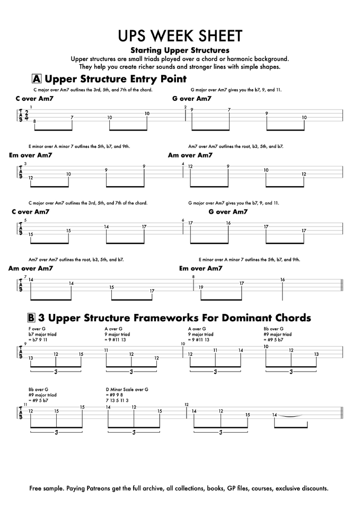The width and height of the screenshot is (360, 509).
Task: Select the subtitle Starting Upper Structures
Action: pyautogui.click(x=180, y=50)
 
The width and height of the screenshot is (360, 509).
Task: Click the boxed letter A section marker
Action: pyautogui.click(x=37, y=79)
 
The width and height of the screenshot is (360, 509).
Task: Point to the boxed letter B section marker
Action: pyautogui.click(x=32, y=318)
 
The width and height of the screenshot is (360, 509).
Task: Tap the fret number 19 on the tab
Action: pyautogui.click(x=201, y=287)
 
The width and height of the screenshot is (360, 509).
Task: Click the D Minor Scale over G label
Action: pyautogui.click(x=127, y=389)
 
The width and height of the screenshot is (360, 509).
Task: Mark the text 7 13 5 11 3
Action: pyautogui.click(x=118, y=401)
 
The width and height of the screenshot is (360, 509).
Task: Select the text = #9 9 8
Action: pyautogui.click(x=115, y=395)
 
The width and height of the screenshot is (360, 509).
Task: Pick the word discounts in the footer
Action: pyautogui.click(x=312, y=488)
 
